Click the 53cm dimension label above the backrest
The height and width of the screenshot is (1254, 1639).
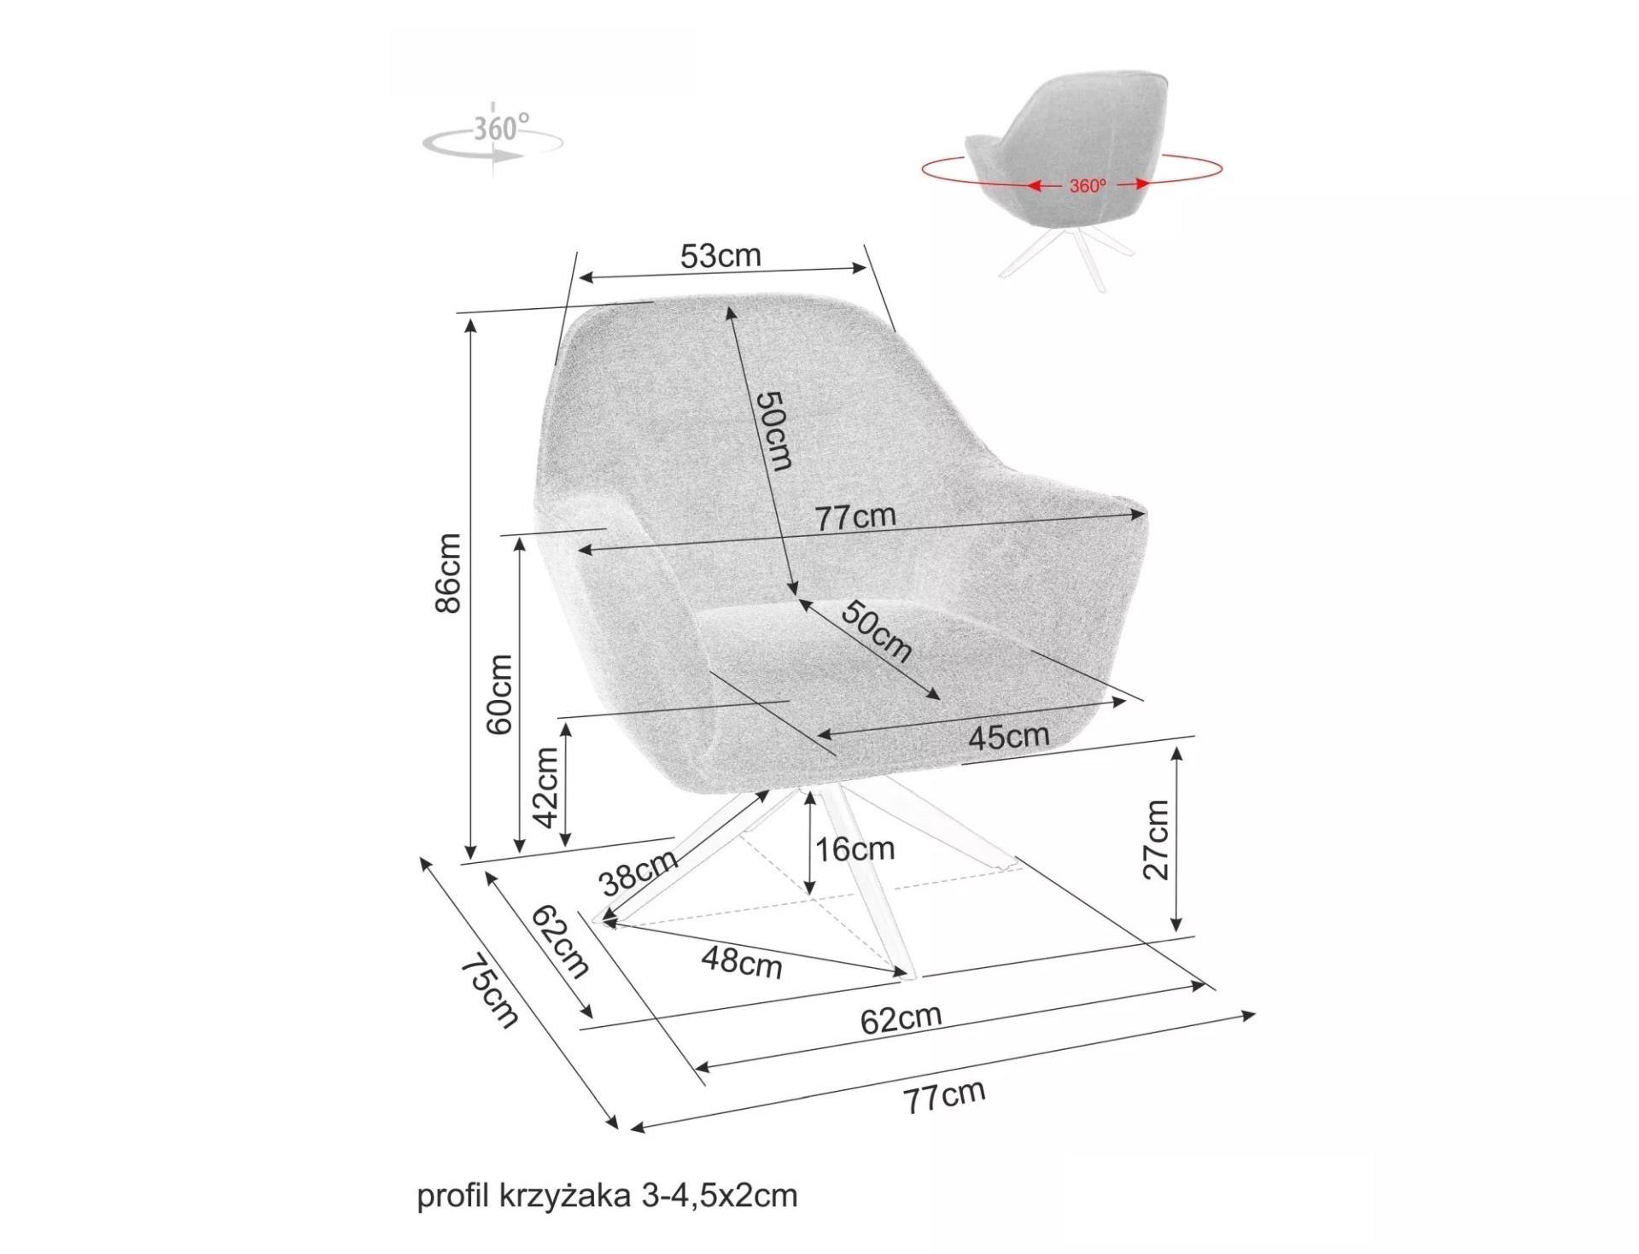click(720, 256)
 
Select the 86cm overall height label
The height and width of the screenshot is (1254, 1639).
click(448, 573)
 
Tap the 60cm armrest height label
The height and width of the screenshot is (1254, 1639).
click(499, 694)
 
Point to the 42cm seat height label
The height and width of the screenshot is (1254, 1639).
click(545, 787)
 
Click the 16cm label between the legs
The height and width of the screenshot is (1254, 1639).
click(854, 849)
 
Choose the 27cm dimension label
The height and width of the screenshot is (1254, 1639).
click(1156, 839)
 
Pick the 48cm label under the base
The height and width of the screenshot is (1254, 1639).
click(742, 962)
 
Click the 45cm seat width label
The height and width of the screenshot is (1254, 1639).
click(1008, 736)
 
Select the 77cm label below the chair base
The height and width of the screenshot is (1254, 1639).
click(944, 1096)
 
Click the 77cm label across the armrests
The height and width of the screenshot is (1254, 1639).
click(855, 516)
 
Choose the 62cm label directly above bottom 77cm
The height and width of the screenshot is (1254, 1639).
click(901, 1018)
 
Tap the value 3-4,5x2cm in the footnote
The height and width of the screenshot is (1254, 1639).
click(719, 1196)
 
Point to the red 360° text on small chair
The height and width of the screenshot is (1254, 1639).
click(1088, 185)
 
